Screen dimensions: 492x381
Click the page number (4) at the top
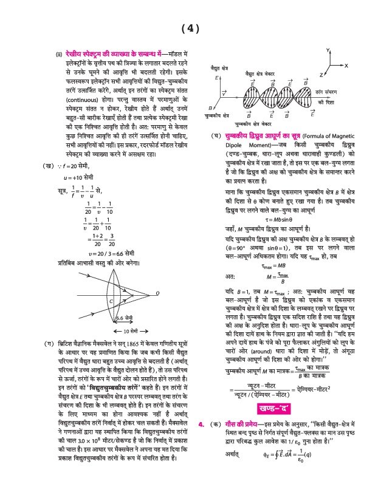(x=190, y=29)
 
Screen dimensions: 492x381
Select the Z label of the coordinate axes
(x=320, y=74)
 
